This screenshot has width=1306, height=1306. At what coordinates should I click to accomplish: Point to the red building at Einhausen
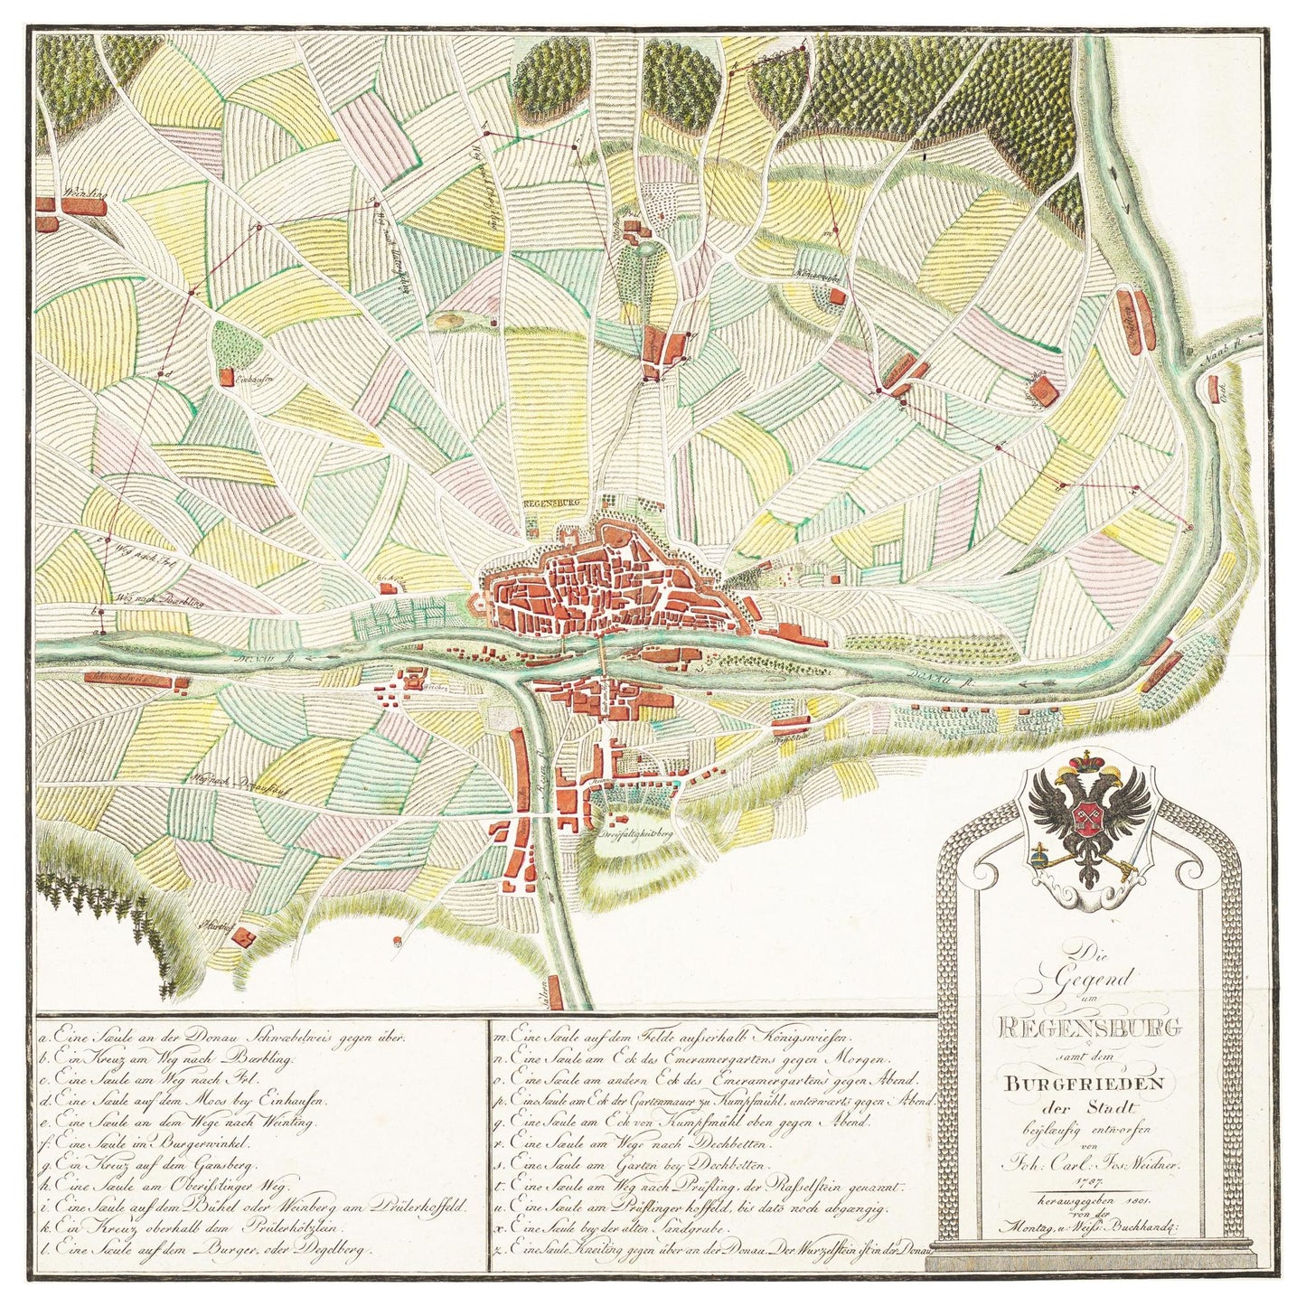click(x=228, y=382)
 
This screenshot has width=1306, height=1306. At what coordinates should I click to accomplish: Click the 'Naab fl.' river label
click(x=1222, y=353)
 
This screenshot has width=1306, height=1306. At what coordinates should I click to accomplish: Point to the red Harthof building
click(x=241, y=936)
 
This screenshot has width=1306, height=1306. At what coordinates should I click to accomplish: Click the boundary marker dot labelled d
click(x=161, y=372)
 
